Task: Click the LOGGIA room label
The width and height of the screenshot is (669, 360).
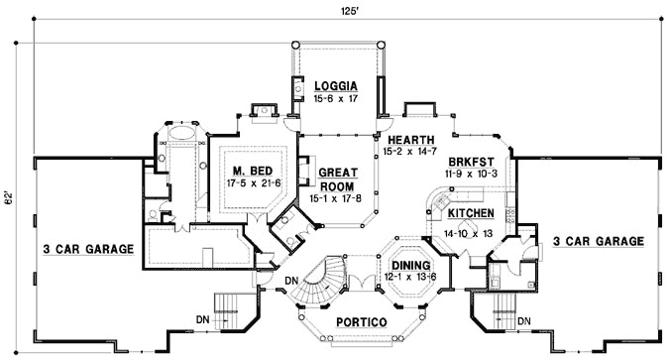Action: tap(336, 86)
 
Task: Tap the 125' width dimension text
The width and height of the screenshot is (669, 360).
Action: tap(349, 12)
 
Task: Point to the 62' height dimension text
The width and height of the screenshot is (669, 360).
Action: tap(9, 197)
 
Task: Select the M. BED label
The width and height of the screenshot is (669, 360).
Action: tap(253, 171)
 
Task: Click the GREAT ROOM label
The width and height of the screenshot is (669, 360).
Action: tap(338, 180)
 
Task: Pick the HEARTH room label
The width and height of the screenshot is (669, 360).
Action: tap(411, 140)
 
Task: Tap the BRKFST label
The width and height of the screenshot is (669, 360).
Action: tap(471, 163)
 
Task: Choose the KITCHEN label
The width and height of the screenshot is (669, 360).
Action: tap(471, 213)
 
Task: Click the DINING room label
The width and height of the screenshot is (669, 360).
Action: tap(411, 266)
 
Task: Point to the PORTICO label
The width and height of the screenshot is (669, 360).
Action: tap(362, 322)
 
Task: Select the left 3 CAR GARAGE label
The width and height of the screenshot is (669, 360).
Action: tap(89, 249)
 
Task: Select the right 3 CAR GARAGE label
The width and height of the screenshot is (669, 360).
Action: tap(599, 241)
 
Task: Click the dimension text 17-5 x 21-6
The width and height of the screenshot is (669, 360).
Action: tap(254, 183)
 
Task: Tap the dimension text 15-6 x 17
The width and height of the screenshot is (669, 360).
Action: tap(336, 98)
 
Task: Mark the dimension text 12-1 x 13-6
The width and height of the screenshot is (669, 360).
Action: tap(410, 277)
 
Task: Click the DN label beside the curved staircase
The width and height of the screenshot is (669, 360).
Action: tap(291, 281)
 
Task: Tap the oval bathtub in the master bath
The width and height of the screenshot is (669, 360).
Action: tap(181, 133)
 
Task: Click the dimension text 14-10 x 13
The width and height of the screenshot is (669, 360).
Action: tap(468, 234)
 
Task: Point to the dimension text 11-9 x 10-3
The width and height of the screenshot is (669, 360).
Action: tap(470, 174)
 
